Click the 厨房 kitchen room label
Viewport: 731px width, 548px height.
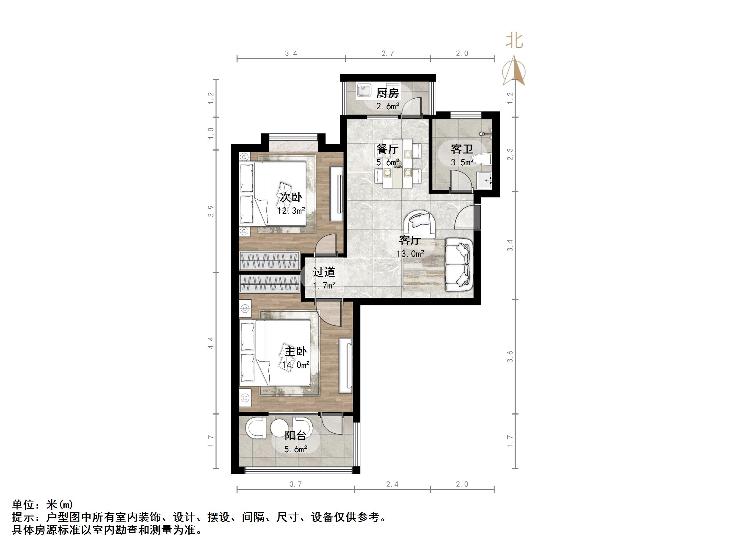387,93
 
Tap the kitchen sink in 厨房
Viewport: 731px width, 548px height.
364,90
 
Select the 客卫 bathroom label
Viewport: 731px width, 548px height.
462,149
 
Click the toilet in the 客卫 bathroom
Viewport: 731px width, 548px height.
482,160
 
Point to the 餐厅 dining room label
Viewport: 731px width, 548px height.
387,149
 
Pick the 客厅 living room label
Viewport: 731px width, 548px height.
409,240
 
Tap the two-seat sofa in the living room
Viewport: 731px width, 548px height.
459,264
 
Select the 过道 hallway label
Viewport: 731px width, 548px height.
324,272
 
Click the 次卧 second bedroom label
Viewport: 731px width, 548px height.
291,197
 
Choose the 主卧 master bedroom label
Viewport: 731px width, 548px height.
296,351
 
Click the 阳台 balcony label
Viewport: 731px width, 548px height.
295,436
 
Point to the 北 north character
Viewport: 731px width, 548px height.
514,41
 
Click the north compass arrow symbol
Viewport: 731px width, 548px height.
514,71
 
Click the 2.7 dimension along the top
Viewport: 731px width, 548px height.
387,53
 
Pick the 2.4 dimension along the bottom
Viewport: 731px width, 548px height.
392,484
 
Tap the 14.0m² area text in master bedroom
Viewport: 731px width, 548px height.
295,365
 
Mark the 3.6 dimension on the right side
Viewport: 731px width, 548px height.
510,356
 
